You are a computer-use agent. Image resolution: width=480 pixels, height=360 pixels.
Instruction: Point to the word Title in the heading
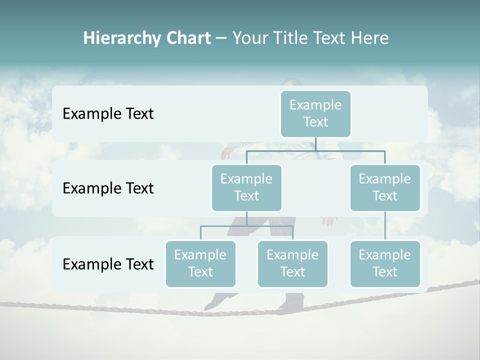tap(291, 38)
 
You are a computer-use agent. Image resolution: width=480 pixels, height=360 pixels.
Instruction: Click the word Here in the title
tap(369, 38)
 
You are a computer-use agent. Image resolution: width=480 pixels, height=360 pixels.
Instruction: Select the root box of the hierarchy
tap(315, 113)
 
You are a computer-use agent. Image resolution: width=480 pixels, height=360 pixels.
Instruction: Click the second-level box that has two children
tap(246, 187)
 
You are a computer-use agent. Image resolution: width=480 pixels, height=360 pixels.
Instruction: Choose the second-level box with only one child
tap(385, 187)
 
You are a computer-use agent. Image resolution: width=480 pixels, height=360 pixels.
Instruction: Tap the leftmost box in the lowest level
tap(200, 263)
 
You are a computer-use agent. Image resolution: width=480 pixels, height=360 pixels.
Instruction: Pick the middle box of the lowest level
tap(292, 263)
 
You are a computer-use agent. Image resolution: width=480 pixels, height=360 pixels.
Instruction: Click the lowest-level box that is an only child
tap(385, 263)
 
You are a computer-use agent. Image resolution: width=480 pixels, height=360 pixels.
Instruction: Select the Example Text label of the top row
tap(108, 114)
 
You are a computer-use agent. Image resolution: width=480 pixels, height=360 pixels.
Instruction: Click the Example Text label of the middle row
tap(108, 188)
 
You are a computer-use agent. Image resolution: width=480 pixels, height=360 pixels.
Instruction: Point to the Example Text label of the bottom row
tap(108, 264)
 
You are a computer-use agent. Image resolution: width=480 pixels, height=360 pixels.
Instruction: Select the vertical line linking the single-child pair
tap(385, 226)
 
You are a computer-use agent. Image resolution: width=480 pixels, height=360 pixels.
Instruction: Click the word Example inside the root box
tap(315, 105)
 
